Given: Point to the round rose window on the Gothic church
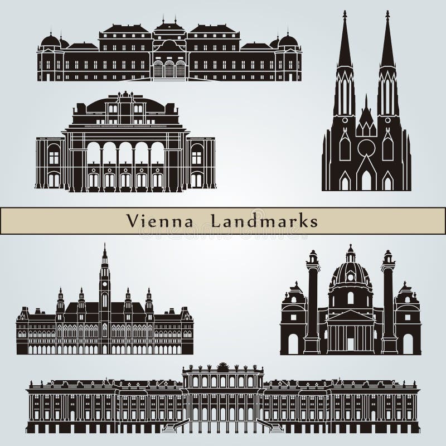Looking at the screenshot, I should pyautogui.click(x=366, y=148).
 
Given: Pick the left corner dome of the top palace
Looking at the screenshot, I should pyautogui.click(x=50, y=41).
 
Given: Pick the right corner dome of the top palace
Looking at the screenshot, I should pyautogui.click(x=288, y=41).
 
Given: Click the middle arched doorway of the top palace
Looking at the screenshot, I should pyautogui.click(x=169, y=70).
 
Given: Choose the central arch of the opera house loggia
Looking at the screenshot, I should pyautogui.click(x=125, y=153).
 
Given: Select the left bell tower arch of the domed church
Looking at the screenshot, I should pyautogui.click(x=293, y=343).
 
